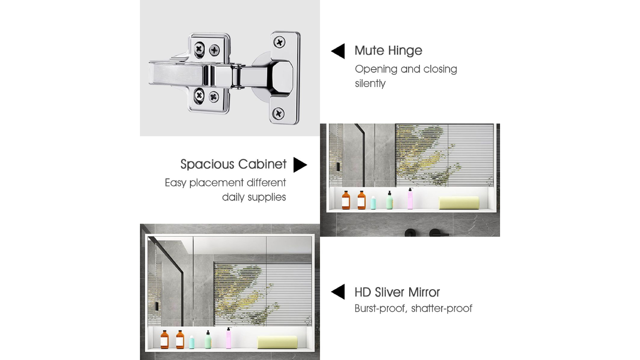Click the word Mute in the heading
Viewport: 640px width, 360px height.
[369, 51]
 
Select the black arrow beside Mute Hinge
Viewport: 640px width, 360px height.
[338, 51]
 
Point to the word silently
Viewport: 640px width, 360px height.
[370, 84]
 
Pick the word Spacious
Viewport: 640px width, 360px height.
[207, 165]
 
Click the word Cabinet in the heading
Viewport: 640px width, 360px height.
[262, 164]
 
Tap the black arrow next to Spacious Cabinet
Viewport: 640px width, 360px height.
[300, 165]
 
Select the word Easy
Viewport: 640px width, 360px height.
[175, 183]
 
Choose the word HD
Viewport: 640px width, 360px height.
[363, 292]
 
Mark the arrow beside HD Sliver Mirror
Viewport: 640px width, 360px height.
[338, 292]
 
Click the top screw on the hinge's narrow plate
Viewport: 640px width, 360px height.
[279, 43]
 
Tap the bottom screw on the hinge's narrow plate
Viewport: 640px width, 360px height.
[278, 113]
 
